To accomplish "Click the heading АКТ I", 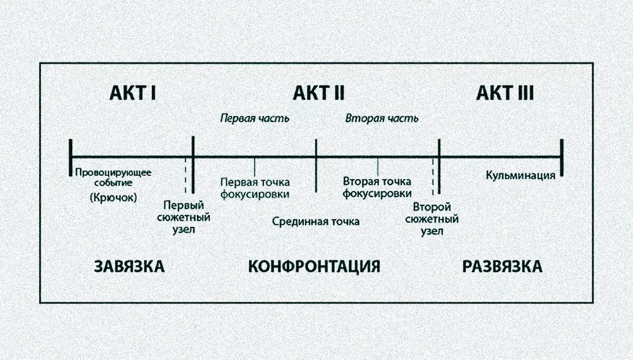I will click(132, 93).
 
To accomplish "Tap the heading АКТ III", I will click(505, 93).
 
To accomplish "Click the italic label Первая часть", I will click(254, 118).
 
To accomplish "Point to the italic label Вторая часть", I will click(382, 118).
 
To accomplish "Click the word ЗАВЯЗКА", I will click(129, 266).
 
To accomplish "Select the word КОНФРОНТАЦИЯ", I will click(314, 266).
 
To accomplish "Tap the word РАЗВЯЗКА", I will click(502, 266).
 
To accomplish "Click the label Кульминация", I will click(520, 175).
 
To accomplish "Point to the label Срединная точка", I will click(316, 221).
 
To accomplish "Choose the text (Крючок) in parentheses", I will click(113, 198).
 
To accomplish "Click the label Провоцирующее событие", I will click(113, 177).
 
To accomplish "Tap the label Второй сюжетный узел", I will click(432, 218).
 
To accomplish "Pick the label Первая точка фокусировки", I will click(255, 188).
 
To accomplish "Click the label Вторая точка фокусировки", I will click(377, 188).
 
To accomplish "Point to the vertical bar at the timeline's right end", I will click(562, 157).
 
